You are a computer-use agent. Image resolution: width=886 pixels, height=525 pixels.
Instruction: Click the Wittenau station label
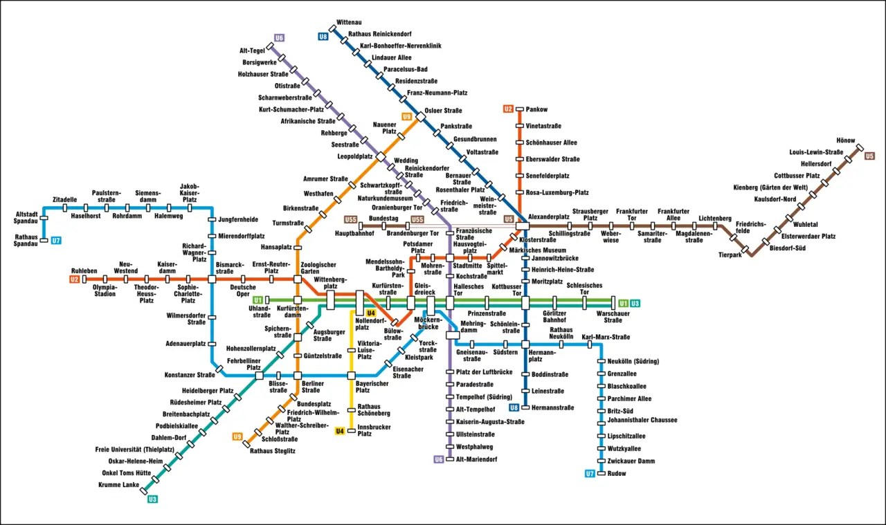pos(349,22)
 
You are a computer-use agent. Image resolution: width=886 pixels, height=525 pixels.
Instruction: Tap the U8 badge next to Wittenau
pos(323,36)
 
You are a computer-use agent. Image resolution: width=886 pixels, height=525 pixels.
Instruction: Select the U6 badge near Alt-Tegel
pos(280,38)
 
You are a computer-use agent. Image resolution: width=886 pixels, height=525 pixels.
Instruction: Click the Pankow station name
pos(536,109)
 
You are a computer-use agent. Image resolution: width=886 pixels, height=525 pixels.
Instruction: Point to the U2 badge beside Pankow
pos(508,109)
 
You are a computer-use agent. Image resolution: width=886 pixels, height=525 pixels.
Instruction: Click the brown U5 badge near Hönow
pos(869,156)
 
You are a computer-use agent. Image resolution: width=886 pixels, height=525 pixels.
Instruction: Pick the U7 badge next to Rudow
pos(590,474)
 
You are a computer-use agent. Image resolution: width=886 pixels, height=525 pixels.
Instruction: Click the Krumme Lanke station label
pos(118,485)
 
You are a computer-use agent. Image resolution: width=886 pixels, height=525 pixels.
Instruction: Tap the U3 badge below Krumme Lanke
pos(153,499)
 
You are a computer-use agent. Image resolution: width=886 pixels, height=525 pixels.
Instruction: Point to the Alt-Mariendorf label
pos(477,459)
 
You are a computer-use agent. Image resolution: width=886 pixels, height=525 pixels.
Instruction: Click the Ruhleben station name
pos(85,270)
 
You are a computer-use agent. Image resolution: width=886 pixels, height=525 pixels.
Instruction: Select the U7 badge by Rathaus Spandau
pos(56,241)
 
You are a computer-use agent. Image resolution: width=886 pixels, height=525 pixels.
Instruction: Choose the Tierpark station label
pos(730,255)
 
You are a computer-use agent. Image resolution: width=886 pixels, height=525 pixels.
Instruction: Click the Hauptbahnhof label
pos(355,234)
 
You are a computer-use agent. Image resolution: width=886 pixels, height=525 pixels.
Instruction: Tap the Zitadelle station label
pos(64,200)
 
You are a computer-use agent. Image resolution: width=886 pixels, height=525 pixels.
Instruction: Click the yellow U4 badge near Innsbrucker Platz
pos(340,432)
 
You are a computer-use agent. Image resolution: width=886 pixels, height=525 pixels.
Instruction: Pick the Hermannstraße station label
pos(552,407)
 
